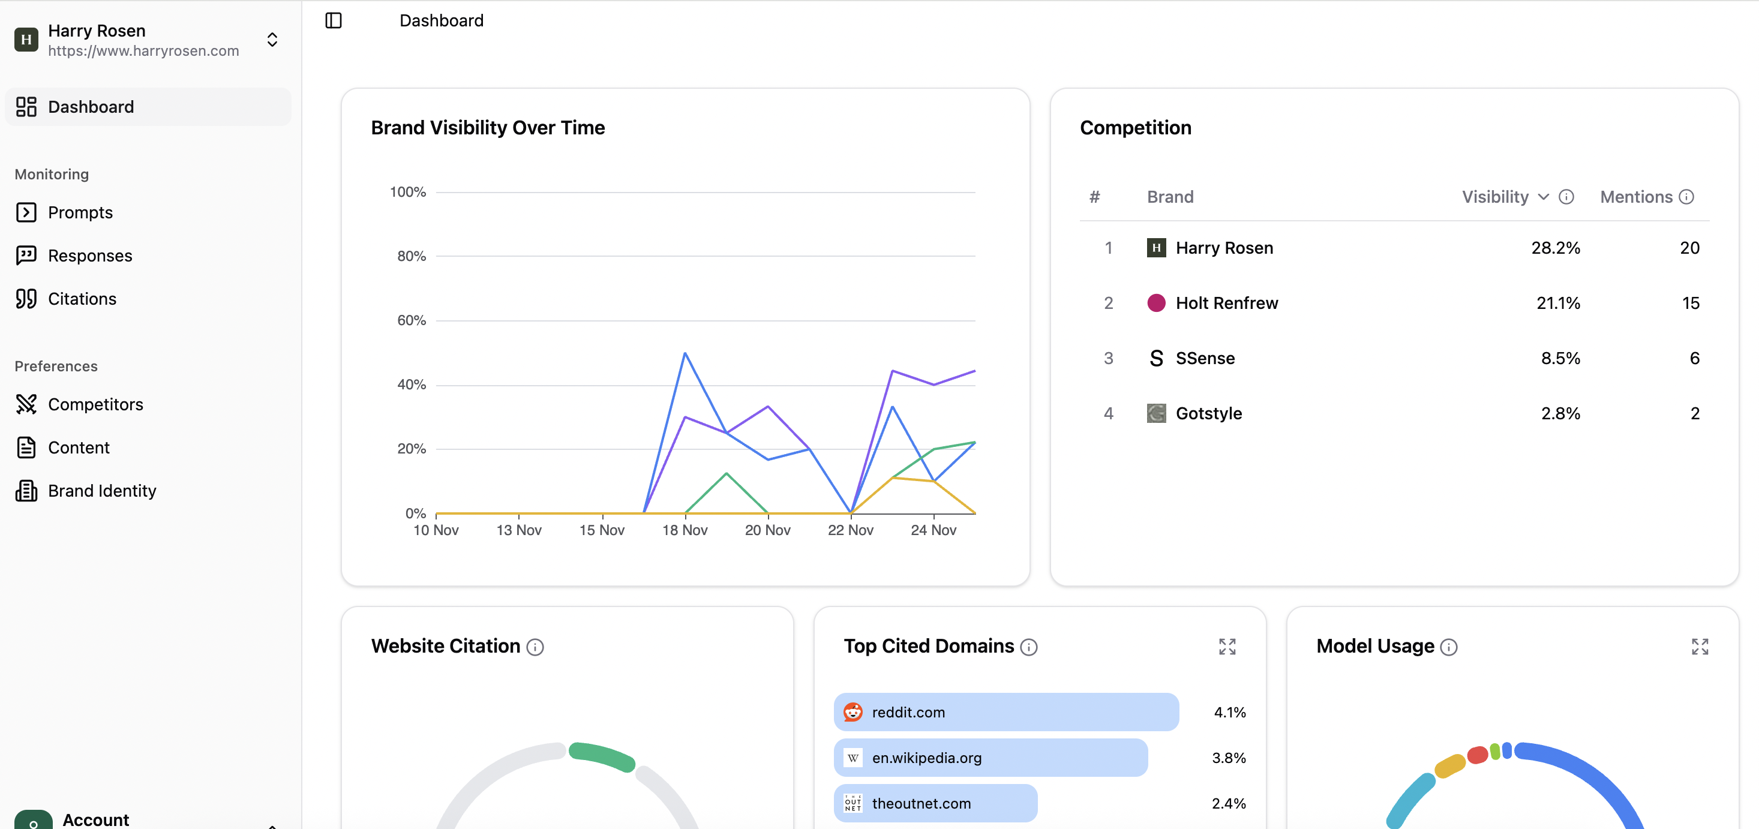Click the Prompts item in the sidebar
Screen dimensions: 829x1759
[x=80, y=212]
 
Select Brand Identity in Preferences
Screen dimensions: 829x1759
[x=102, y=490]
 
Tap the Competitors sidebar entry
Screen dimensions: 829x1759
[x=95, y=404]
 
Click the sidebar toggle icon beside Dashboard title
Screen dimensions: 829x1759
[x=333, y=20]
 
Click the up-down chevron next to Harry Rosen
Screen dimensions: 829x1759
[x=272, y=40]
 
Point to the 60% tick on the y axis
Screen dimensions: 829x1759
[x=412, y=320]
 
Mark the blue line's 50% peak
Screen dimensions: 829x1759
[x=685, y=353]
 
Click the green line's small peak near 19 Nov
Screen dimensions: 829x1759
[x=727, y=473]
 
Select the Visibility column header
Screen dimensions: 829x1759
[x=1495, y=197]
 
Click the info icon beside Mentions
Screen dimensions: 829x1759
[x=1686, y=197]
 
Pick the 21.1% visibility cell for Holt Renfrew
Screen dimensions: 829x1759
[x=1557, y=303]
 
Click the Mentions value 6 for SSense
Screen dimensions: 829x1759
[x=1694, y=359]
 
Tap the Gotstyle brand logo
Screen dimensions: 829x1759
[x=1156, y=413]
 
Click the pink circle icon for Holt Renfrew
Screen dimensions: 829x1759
[x=1156, y=303]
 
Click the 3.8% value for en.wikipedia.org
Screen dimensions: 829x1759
[x=1229, y=758]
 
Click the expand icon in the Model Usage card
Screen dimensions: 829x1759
[x=1700, y=646]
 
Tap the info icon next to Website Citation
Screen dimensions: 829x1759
[x=535, y=647]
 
